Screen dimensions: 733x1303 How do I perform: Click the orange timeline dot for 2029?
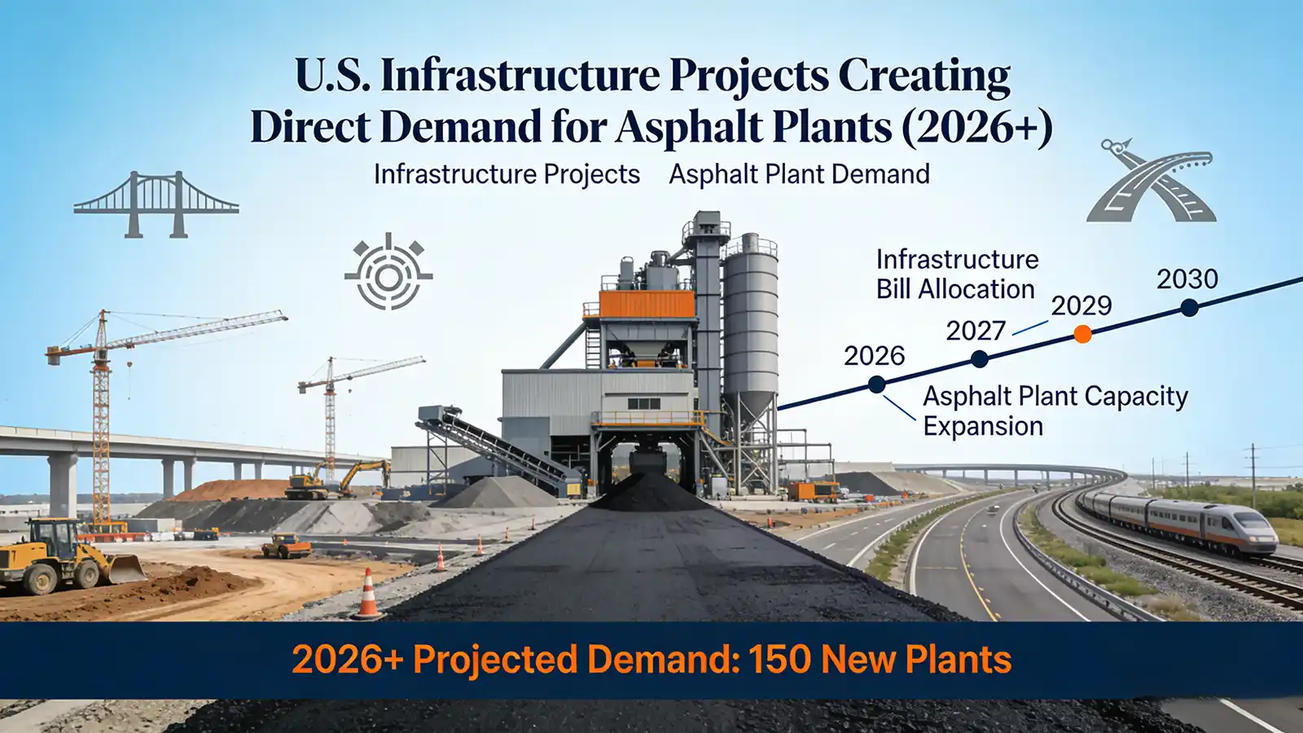[x=1082, y=334]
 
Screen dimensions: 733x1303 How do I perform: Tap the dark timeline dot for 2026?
[x=876, y=384]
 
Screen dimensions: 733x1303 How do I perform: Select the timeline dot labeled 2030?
[x=1189, y=308]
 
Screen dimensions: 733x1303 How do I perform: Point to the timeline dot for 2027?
[x=980, y=359]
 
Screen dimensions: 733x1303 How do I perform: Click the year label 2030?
[x=1187, y=279]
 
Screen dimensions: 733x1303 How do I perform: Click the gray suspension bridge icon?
[x=156, y=204]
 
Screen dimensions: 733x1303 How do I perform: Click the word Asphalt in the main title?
[x=691, y=128]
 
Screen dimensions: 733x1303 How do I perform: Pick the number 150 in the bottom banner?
[x=780, y=659]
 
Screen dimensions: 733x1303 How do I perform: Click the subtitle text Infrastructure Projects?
[x=507, y=174]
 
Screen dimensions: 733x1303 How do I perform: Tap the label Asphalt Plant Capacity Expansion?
[x=1054, y=410]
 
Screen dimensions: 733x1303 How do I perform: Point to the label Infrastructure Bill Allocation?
[x=956, y=274]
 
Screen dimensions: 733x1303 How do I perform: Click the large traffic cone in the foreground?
[x=367, y=595]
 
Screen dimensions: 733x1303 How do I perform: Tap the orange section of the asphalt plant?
[x=647, y=304]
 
